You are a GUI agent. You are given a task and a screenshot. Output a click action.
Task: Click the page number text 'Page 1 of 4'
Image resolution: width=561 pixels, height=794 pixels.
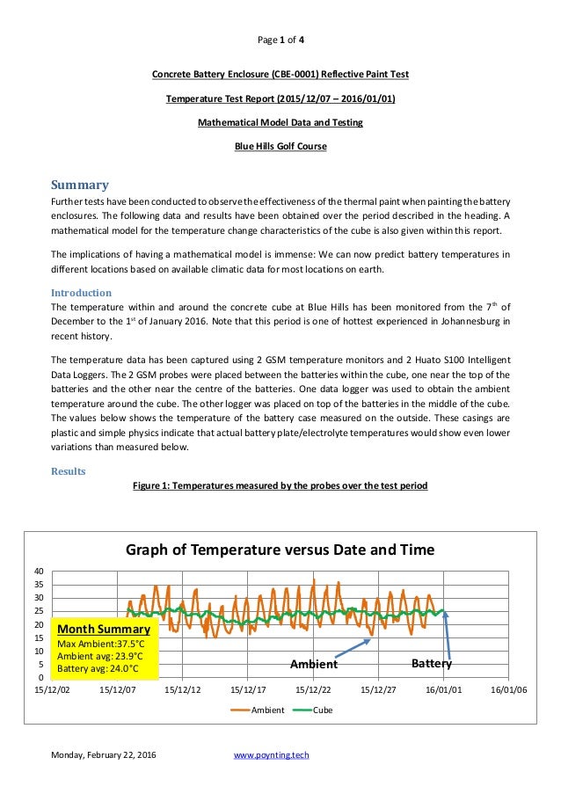pyautogui.click(x=280, y=40)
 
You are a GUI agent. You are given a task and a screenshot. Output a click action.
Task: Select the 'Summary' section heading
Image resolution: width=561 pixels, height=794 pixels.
pyautogui.click(x=79, y=185)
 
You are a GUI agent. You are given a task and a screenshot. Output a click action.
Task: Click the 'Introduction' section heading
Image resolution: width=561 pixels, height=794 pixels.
pyautogui.click(x=81, y=292)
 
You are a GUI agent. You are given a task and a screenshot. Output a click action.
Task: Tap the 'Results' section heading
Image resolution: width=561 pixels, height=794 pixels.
pyautogui.click(x=69, y=471)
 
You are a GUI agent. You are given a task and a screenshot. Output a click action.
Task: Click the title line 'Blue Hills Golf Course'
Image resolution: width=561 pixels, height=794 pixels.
pyautogui.click(x=280, y=147)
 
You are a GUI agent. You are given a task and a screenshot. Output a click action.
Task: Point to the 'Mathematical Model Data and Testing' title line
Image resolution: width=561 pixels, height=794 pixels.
pyautogui.click(x=280, y=122)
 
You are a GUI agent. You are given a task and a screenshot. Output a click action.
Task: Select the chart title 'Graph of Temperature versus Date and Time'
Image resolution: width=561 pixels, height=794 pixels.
pyautogui.click(x=280, y=550)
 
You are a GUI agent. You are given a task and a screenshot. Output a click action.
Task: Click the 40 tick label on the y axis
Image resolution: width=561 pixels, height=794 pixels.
pyautogui.click(x=40, y=572)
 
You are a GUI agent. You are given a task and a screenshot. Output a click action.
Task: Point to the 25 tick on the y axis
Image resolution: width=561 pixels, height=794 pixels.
pyautogui.click(x=40, y=611)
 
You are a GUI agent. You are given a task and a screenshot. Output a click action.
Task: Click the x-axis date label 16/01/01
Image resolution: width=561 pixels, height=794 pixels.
pyautogui.click(x=443, y=691)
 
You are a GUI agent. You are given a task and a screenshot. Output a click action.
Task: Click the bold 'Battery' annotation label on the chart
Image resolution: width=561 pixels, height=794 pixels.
pyautogui.click(x=431, y=664)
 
